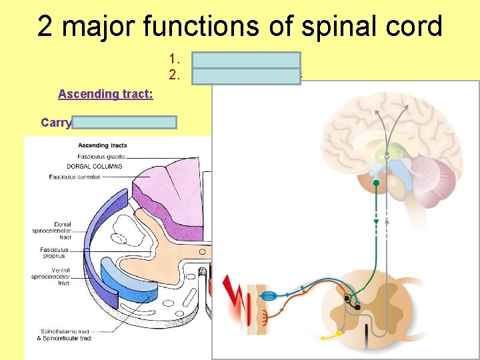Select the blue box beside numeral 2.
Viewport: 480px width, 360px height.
click(246, 75)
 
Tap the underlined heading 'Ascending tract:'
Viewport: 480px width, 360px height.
click(105, 94)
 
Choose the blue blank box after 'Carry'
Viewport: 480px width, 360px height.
click(125, 122)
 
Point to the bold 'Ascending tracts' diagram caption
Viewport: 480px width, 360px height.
click(103, 145)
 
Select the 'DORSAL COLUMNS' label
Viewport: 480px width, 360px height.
click(95, 166)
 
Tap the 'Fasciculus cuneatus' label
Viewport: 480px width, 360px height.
click(75, 177)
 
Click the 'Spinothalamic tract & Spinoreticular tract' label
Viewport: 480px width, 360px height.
click(65, 335)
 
